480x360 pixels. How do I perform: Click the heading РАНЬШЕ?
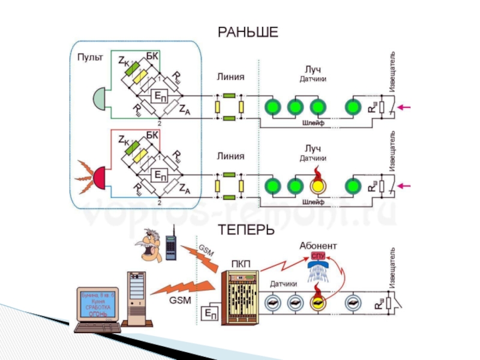coord(247,32)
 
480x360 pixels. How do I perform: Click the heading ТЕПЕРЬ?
coord(247,230)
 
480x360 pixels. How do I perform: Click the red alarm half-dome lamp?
coord(99,176)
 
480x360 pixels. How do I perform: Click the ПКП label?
coord(240,265)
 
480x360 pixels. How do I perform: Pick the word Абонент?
coord(318,246)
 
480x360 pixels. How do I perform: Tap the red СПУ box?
coord(318,256)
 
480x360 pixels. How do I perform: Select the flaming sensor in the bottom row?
coord(317,300)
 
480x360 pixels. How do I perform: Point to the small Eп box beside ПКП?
coord(211,313)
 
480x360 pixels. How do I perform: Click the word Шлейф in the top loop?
coord(313,122)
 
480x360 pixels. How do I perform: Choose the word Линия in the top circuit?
coord(230,77)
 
